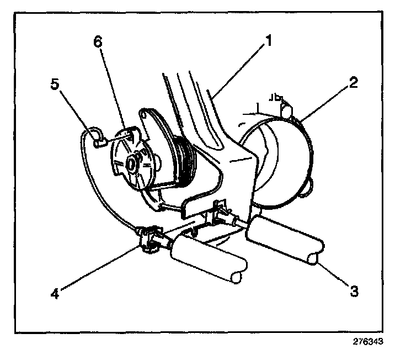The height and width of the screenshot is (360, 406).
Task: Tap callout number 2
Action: coord(353,83)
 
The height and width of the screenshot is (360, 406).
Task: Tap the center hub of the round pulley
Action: coord(132,163)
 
